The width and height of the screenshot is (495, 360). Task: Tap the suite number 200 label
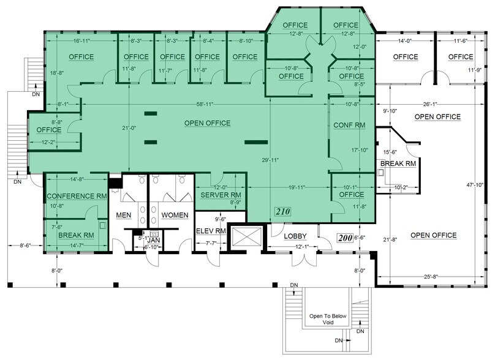pyautogui.click(x=346, y=238)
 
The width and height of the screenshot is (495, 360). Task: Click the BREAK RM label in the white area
pyautogui.click(x=398, y=164)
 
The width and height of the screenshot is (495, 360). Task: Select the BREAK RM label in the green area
pyautogui.click(x=75, y=234)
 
